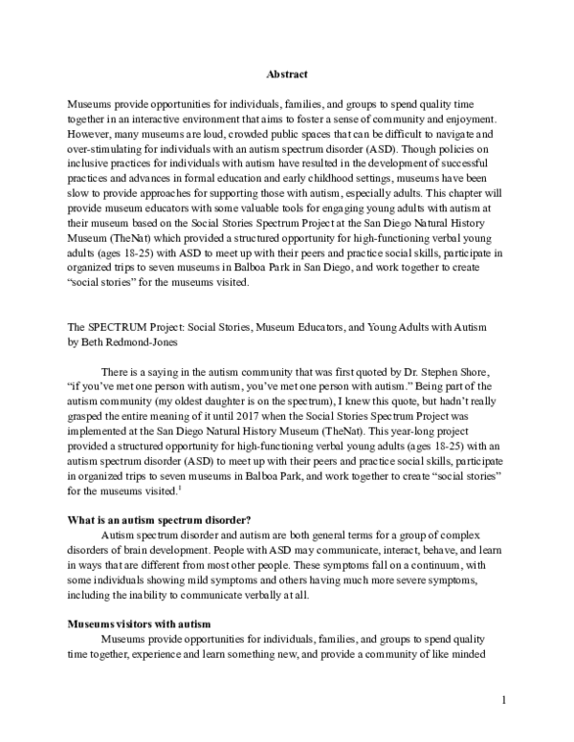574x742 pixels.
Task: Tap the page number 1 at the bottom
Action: [503, 701]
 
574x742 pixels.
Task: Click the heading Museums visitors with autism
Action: [139, 622]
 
